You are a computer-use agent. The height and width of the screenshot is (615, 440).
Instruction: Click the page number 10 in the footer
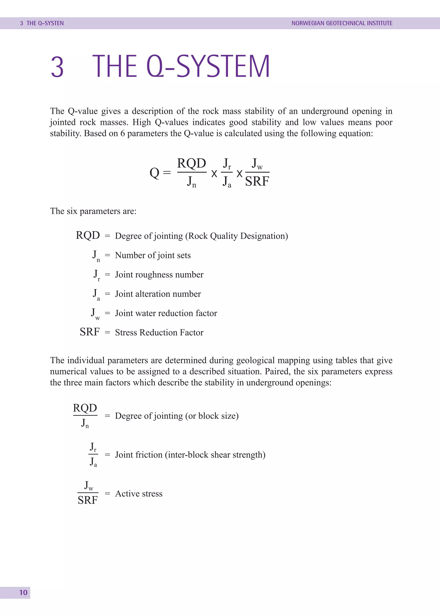pos(23,592)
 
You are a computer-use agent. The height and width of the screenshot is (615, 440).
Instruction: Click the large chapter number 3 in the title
pos(57,67)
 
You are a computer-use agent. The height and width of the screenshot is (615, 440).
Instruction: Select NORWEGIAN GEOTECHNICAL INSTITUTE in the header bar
pos(342,23)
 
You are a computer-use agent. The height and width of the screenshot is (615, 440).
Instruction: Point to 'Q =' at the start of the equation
pos(160,172)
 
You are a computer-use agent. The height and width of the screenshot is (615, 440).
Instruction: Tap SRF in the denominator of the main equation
pos(257,182)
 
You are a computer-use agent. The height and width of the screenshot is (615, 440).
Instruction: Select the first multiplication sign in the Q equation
pos(214,174)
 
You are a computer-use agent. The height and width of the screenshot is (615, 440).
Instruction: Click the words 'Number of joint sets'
pos(153,255)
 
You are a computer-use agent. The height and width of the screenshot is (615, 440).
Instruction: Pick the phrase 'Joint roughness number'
pos(159,275)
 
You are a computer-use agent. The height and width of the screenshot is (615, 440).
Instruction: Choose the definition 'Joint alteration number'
pos(158,294)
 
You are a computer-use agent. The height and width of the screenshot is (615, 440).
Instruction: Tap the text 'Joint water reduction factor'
pos(166,313)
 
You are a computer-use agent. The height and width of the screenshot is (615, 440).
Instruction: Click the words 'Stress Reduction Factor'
pos(159,333)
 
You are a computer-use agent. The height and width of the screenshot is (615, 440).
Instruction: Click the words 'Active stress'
pos(139,494)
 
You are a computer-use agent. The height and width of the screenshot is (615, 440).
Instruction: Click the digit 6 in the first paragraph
pos(122,134)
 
